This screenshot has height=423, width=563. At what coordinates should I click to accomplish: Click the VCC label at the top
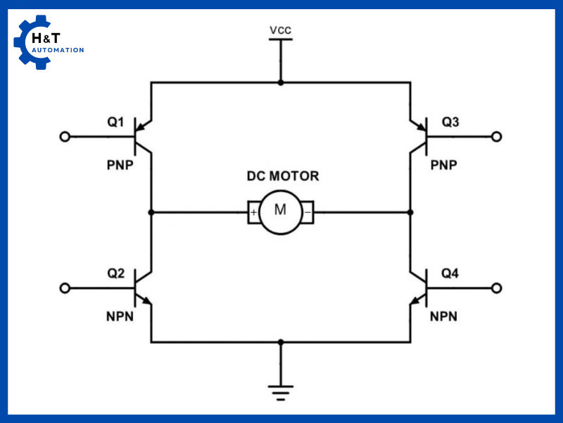[x=281, y=30]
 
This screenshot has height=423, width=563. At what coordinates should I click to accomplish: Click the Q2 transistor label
[x=115, y=273]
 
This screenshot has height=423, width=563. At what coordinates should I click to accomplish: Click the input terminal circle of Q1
[x=65, y=137]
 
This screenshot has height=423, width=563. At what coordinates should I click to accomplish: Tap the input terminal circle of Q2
[x=65, y=288]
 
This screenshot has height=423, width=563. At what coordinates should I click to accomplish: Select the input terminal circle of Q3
[x=497, y=137]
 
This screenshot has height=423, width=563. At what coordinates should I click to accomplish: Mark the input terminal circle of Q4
[x=497, y=288]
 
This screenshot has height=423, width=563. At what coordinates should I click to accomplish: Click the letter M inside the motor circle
[x=280, y=210]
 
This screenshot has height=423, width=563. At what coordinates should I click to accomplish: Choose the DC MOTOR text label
[x=282, y=176]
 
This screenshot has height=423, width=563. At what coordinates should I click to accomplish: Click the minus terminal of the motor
[x=308, y=211]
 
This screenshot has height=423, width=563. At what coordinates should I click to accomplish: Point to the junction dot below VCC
[x=281, y=82]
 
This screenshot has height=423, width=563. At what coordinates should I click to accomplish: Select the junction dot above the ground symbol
[x=281, y=343]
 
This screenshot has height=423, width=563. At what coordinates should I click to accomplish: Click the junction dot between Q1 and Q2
[x=151, y=211]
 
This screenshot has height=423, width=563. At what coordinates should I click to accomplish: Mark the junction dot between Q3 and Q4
[x=411, y=211]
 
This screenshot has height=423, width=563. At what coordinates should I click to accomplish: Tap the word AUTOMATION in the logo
[x=58, y=50]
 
